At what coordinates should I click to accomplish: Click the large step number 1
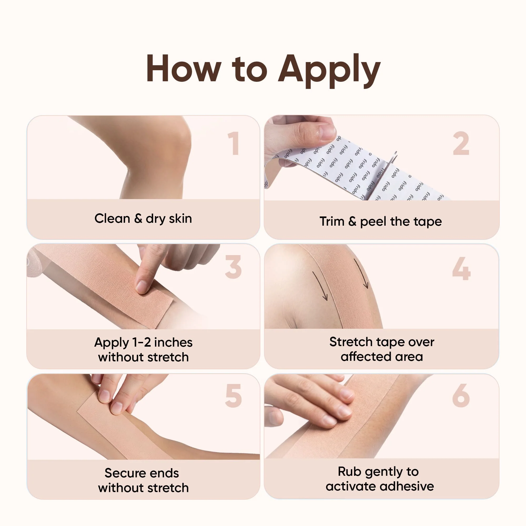[x=234, y=144]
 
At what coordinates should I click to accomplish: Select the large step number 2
[x=461, y=144]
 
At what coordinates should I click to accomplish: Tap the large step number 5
[x=233, y=396]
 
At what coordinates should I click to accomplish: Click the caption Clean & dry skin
[x=143, y=219]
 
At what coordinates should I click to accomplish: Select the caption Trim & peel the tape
[x=381, y=222]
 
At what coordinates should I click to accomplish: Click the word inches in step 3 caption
[x=173, y=342]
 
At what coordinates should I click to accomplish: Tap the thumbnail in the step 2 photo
[x=327, y=132]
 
